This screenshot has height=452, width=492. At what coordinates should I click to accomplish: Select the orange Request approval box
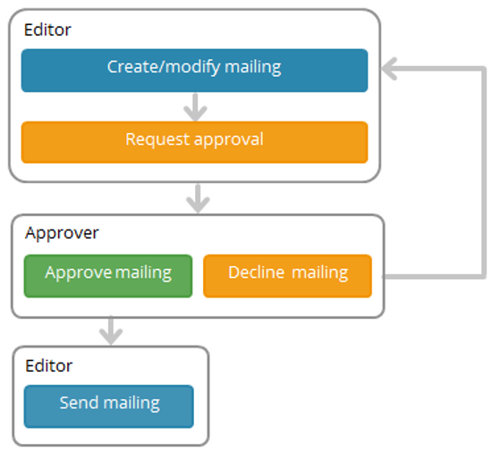[x=194, y=142]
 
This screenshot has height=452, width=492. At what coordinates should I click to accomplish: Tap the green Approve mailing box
[x=108, y=275]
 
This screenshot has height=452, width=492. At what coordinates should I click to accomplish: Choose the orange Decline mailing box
[x=287, y=275]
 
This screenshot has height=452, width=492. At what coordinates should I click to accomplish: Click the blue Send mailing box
[x=108, y=406]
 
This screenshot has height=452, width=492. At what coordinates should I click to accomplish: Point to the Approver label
[x=62, y=233]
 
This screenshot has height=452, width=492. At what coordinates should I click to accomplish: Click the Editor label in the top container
[x=47, y=29]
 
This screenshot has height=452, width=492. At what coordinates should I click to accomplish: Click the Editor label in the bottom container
[x=49, y=365]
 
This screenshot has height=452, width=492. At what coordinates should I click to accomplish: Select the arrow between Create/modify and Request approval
[x=194, y=107]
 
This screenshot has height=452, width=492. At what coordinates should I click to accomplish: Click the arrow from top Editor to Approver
[x=198, y=198]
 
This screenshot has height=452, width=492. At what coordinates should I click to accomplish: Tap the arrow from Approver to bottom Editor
[x=111, y=331]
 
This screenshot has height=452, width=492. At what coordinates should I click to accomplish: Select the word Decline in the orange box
[x=255, y=272]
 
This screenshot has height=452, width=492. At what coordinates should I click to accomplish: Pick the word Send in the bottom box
[x=76, y=403]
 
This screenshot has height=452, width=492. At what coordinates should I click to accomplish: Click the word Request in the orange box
[x=154, y=140]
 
